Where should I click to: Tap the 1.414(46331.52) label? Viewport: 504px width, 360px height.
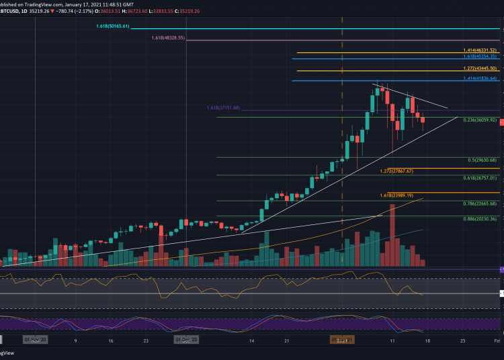pyautogui.click(x=479, y=50)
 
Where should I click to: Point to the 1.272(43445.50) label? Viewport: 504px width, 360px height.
pyautogui.click(x=479, y=69)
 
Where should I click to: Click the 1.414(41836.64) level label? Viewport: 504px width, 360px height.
pyautogui.click(x=479, y=79)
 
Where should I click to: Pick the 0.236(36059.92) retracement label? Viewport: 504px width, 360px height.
pyautogui.click(x=479, y=120)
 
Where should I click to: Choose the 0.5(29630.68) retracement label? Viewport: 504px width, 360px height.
pyautogui.click(x=482, y=160)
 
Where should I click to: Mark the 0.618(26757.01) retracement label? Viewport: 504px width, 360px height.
pyautogui.click(x=479, y=178)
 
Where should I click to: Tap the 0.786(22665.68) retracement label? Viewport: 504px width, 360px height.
pyautogui.click(x=479, y=203)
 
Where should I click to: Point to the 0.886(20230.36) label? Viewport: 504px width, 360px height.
pyautogui.click(x=479, y=219)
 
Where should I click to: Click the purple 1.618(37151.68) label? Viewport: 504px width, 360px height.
pyautogui.click(x=222, y=108)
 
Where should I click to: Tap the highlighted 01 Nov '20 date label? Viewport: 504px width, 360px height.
pyautogui.click(x=35, y=341)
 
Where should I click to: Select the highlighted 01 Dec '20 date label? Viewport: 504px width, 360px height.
pyautogui.click(x=186, y=341)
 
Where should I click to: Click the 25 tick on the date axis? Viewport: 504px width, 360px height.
pyautogui.click(x=462, y=341)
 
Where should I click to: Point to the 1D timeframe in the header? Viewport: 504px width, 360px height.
pyautogui.click(x=32, y=11)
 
